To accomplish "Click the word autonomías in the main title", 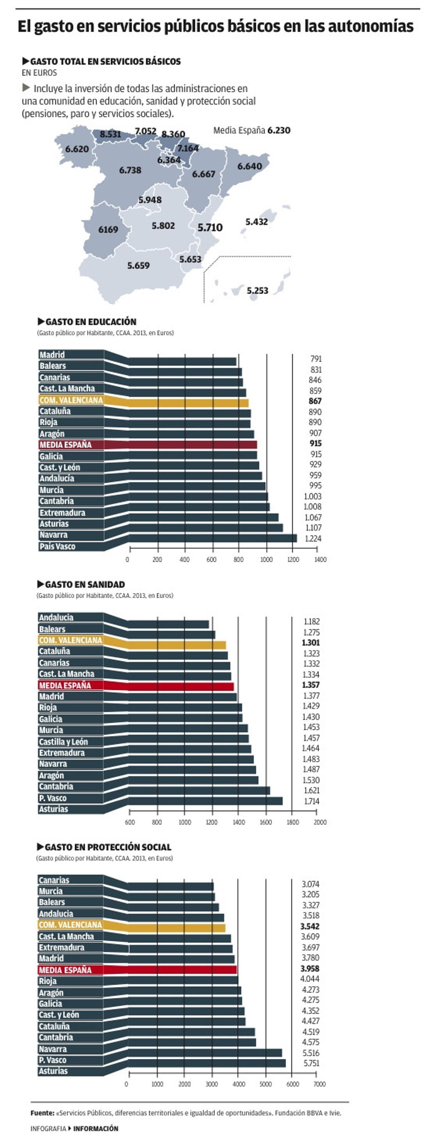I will pos(370,26).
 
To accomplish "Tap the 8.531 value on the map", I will pos(110,134).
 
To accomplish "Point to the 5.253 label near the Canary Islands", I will pos(257,291).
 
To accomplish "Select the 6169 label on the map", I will pos(108,229).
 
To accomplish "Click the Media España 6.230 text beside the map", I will pos(252,131).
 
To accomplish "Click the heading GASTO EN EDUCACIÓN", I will pos(90,322).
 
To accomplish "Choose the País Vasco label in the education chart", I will pos(57,546).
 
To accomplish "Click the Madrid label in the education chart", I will pos(52,354).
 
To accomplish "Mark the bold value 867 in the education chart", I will pos(315,401).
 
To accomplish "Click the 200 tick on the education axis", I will pos(157,560).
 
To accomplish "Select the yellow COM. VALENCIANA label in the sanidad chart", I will pos(70,640).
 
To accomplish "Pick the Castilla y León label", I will pos(63,741).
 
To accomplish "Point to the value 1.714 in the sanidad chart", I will pos(311,801).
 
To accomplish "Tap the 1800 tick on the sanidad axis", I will pos(292,822).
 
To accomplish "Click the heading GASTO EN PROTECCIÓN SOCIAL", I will pos(108,847).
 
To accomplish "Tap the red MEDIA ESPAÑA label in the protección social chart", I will pos(65,970).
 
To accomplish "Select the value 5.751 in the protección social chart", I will pos(311,1063).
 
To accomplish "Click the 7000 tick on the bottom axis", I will pos(319,1084).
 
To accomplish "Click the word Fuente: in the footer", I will pos(42,1113).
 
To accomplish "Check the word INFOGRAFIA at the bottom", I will pos(48,1128).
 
